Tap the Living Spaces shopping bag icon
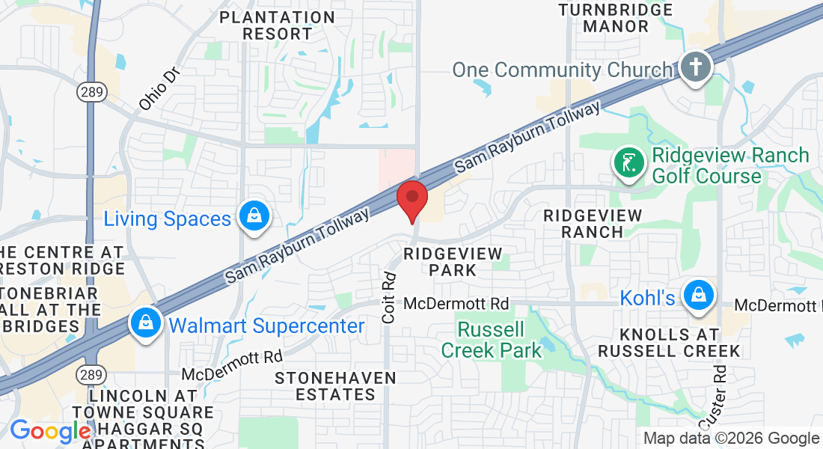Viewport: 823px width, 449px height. pos(254,217)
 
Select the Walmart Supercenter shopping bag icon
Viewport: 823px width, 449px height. pos(143,323)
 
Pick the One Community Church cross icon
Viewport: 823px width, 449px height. pos(696,68)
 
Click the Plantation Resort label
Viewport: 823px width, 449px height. pos(266,25)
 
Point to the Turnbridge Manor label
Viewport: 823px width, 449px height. pos(616,18)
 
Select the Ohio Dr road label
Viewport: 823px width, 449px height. pos(156,92)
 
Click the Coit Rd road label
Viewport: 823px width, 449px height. pos(388,298)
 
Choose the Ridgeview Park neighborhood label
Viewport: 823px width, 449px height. pos(453,262)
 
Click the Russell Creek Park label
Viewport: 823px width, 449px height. pos(492,339)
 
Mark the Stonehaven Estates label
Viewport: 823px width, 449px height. pos(335,386)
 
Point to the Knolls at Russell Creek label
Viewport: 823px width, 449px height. pos(669,341)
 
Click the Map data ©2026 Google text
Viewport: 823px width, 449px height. pos(731,439)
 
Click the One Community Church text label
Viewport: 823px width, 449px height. pos(563,70)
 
